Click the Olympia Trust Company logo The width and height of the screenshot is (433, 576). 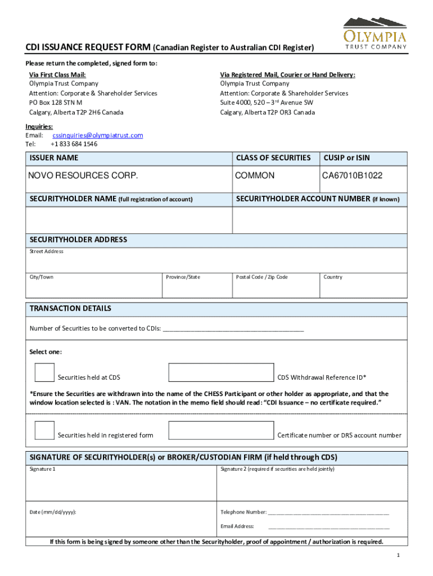[375, 34]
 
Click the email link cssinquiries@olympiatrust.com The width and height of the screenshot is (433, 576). [98, 136]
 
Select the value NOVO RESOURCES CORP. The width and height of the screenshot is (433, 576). [83, 176]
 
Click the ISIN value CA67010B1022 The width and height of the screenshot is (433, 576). [352, 176]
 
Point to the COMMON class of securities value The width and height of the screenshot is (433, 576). [255, 176]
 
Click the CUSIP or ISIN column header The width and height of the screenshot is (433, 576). [346, 158]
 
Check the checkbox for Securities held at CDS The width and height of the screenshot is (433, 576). [44, 372]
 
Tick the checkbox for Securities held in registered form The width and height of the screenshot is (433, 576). [44, 430]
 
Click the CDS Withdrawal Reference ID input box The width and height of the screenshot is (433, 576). [222, 372]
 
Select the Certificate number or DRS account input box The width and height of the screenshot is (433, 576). [222, 430]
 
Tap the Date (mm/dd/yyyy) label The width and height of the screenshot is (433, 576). [53, 512]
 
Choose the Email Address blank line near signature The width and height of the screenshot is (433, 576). [328, 528]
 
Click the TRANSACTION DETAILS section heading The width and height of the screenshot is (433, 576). [70, 309]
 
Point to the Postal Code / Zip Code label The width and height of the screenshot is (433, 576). [261, 277]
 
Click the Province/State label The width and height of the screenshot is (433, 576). [183, 277]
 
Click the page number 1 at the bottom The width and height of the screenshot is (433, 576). [398, 556]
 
